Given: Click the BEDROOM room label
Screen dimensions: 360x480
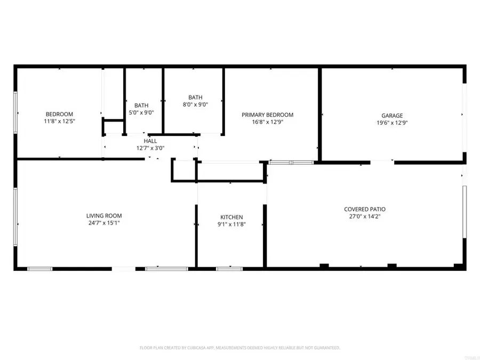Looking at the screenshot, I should tap(59, 114).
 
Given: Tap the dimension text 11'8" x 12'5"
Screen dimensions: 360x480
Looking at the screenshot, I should tap(59, 121).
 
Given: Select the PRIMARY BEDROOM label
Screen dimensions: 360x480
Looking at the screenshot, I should tap(267, 115).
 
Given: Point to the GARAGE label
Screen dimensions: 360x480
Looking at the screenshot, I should tap(392, 115).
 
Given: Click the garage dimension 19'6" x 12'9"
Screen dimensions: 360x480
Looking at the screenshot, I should tap(392, 122).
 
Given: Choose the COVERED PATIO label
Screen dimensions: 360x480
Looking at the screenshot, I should tap(364, 210).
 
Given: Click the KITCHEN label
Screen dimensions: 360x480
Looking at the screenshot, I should tap(231, 217).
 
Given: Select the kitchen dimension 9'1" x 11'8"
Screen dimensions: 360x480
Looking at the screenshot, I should tap(231, 225).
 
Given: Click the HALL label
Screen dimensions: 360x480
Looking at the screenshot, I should tap(150, 141).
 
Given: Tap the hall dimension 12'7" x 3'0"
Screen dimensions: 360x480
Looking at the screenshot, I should tap(150, 148).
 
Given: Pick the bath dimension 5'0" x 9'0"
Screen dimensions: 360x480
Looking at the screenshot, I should tap(142, 113).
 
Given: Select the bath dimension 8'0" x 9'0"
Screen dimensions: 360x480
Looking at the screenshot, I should tap(195, 105).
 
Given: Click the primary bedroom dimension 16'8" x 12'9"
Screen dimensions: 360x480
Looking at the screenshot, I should tap(267, 122).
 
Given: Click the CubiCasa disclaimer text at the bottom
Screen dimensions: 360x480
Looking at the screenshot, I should tap(239, 347).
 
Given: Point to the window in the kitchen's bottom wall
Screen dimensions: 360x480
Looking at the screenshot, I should tap(229, 268).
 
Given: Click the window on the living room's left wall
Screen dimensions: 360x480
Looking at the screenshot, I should tap(15, 213).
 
